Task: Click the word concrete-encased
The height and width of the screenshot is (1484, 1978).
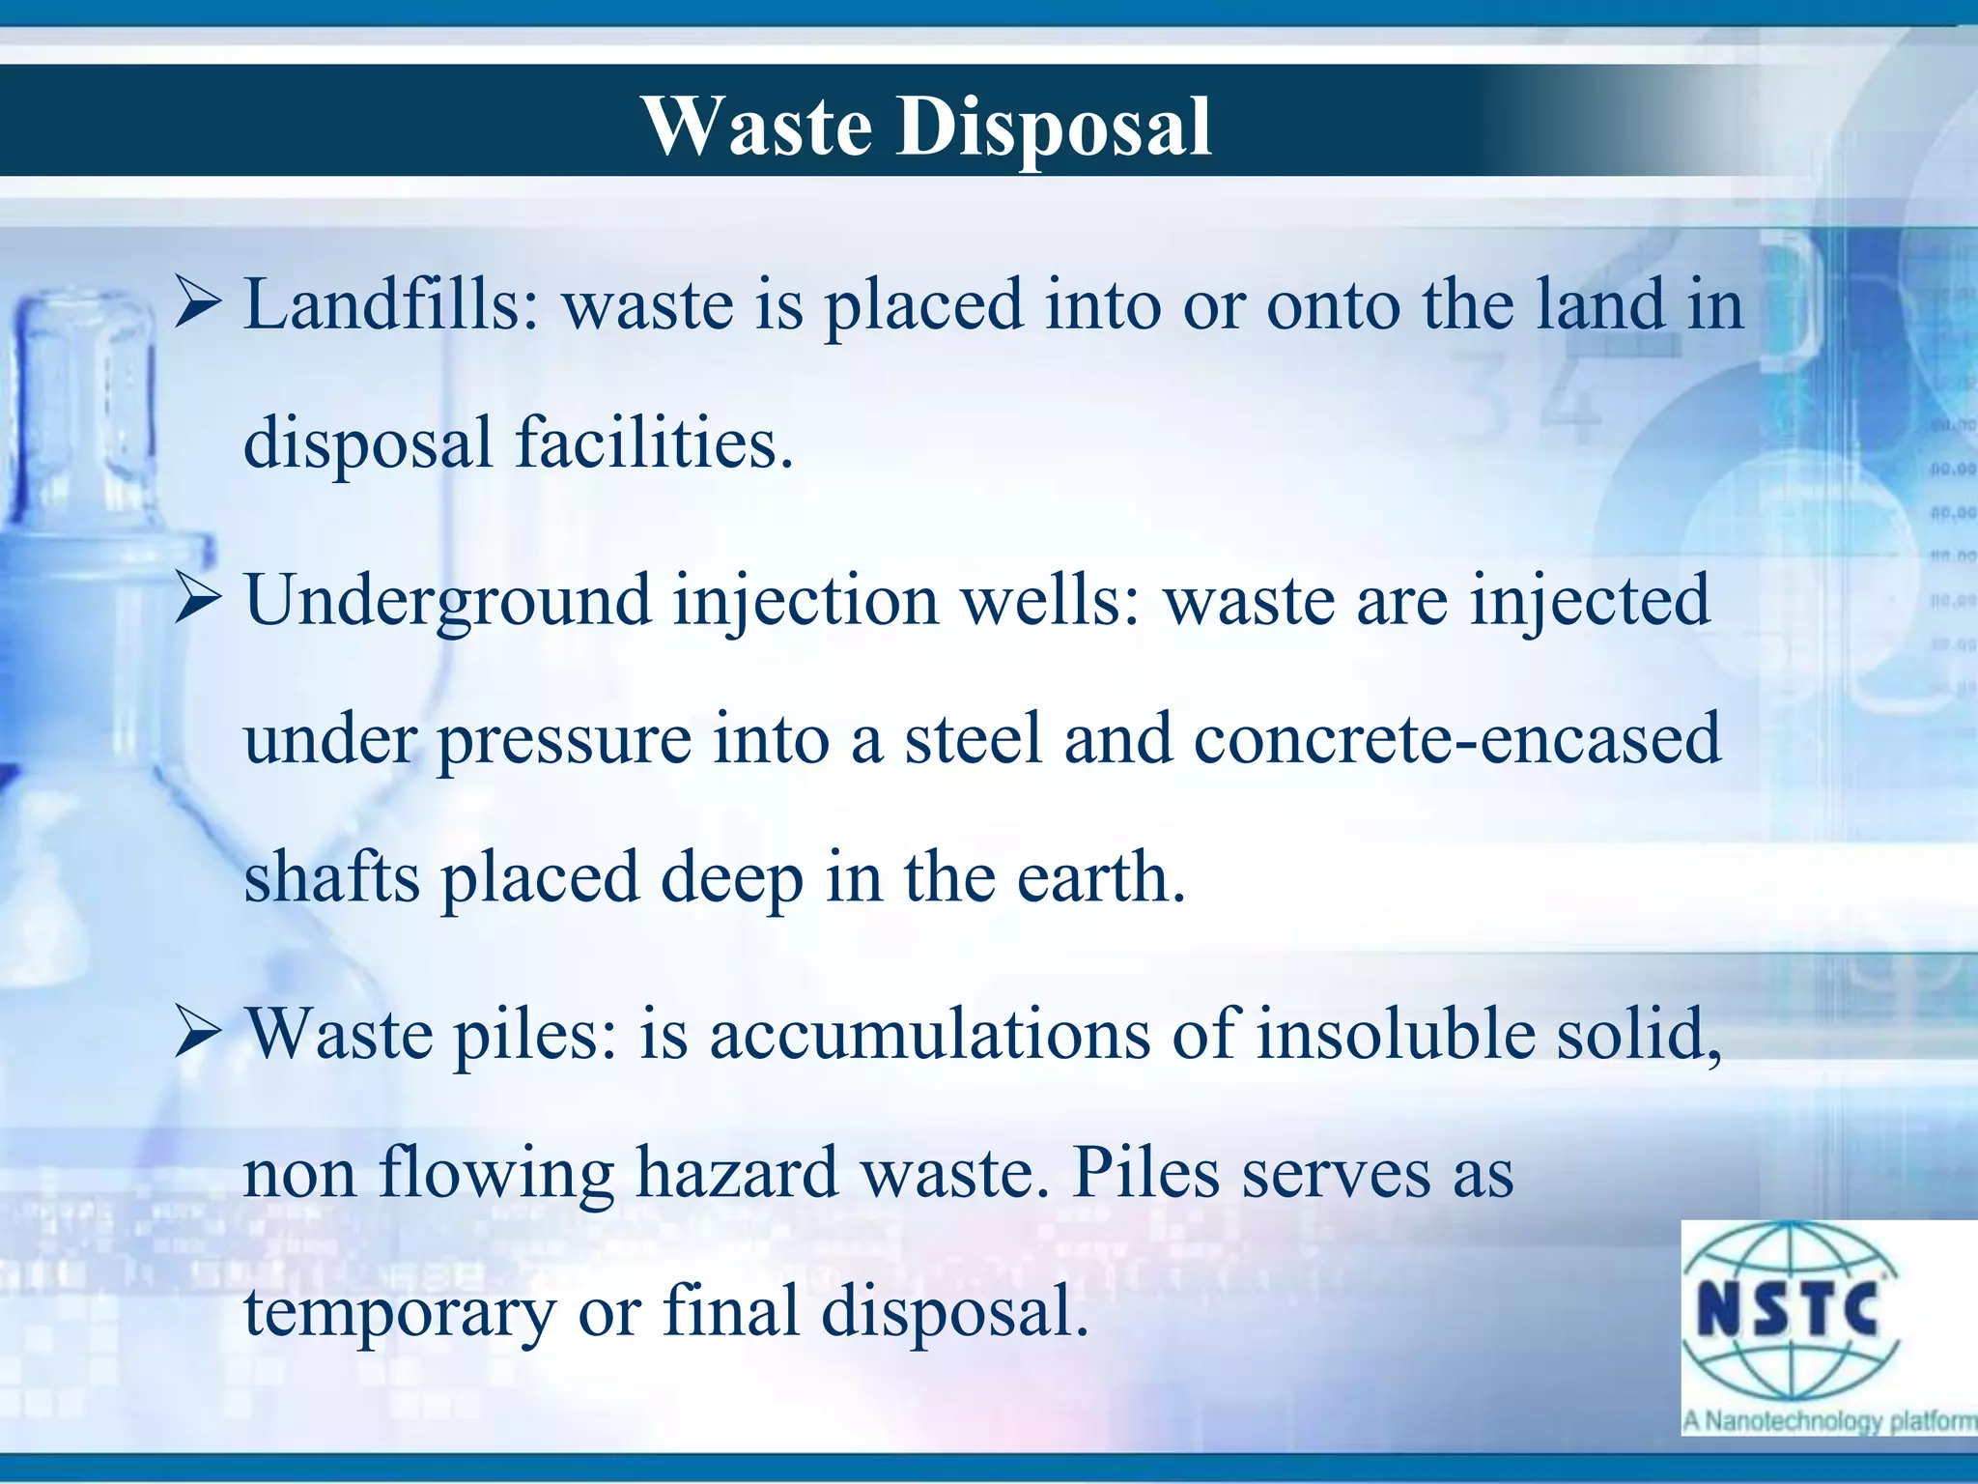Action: [1456, 739]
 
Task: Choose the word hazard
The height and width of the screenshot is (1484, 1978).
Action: [736, 1174]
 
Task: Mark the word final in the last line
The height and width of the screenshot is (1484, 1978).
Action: [730, 1311]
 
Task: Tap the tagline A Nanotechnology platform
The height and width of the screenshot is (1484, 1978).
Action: [1829, 1421]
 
